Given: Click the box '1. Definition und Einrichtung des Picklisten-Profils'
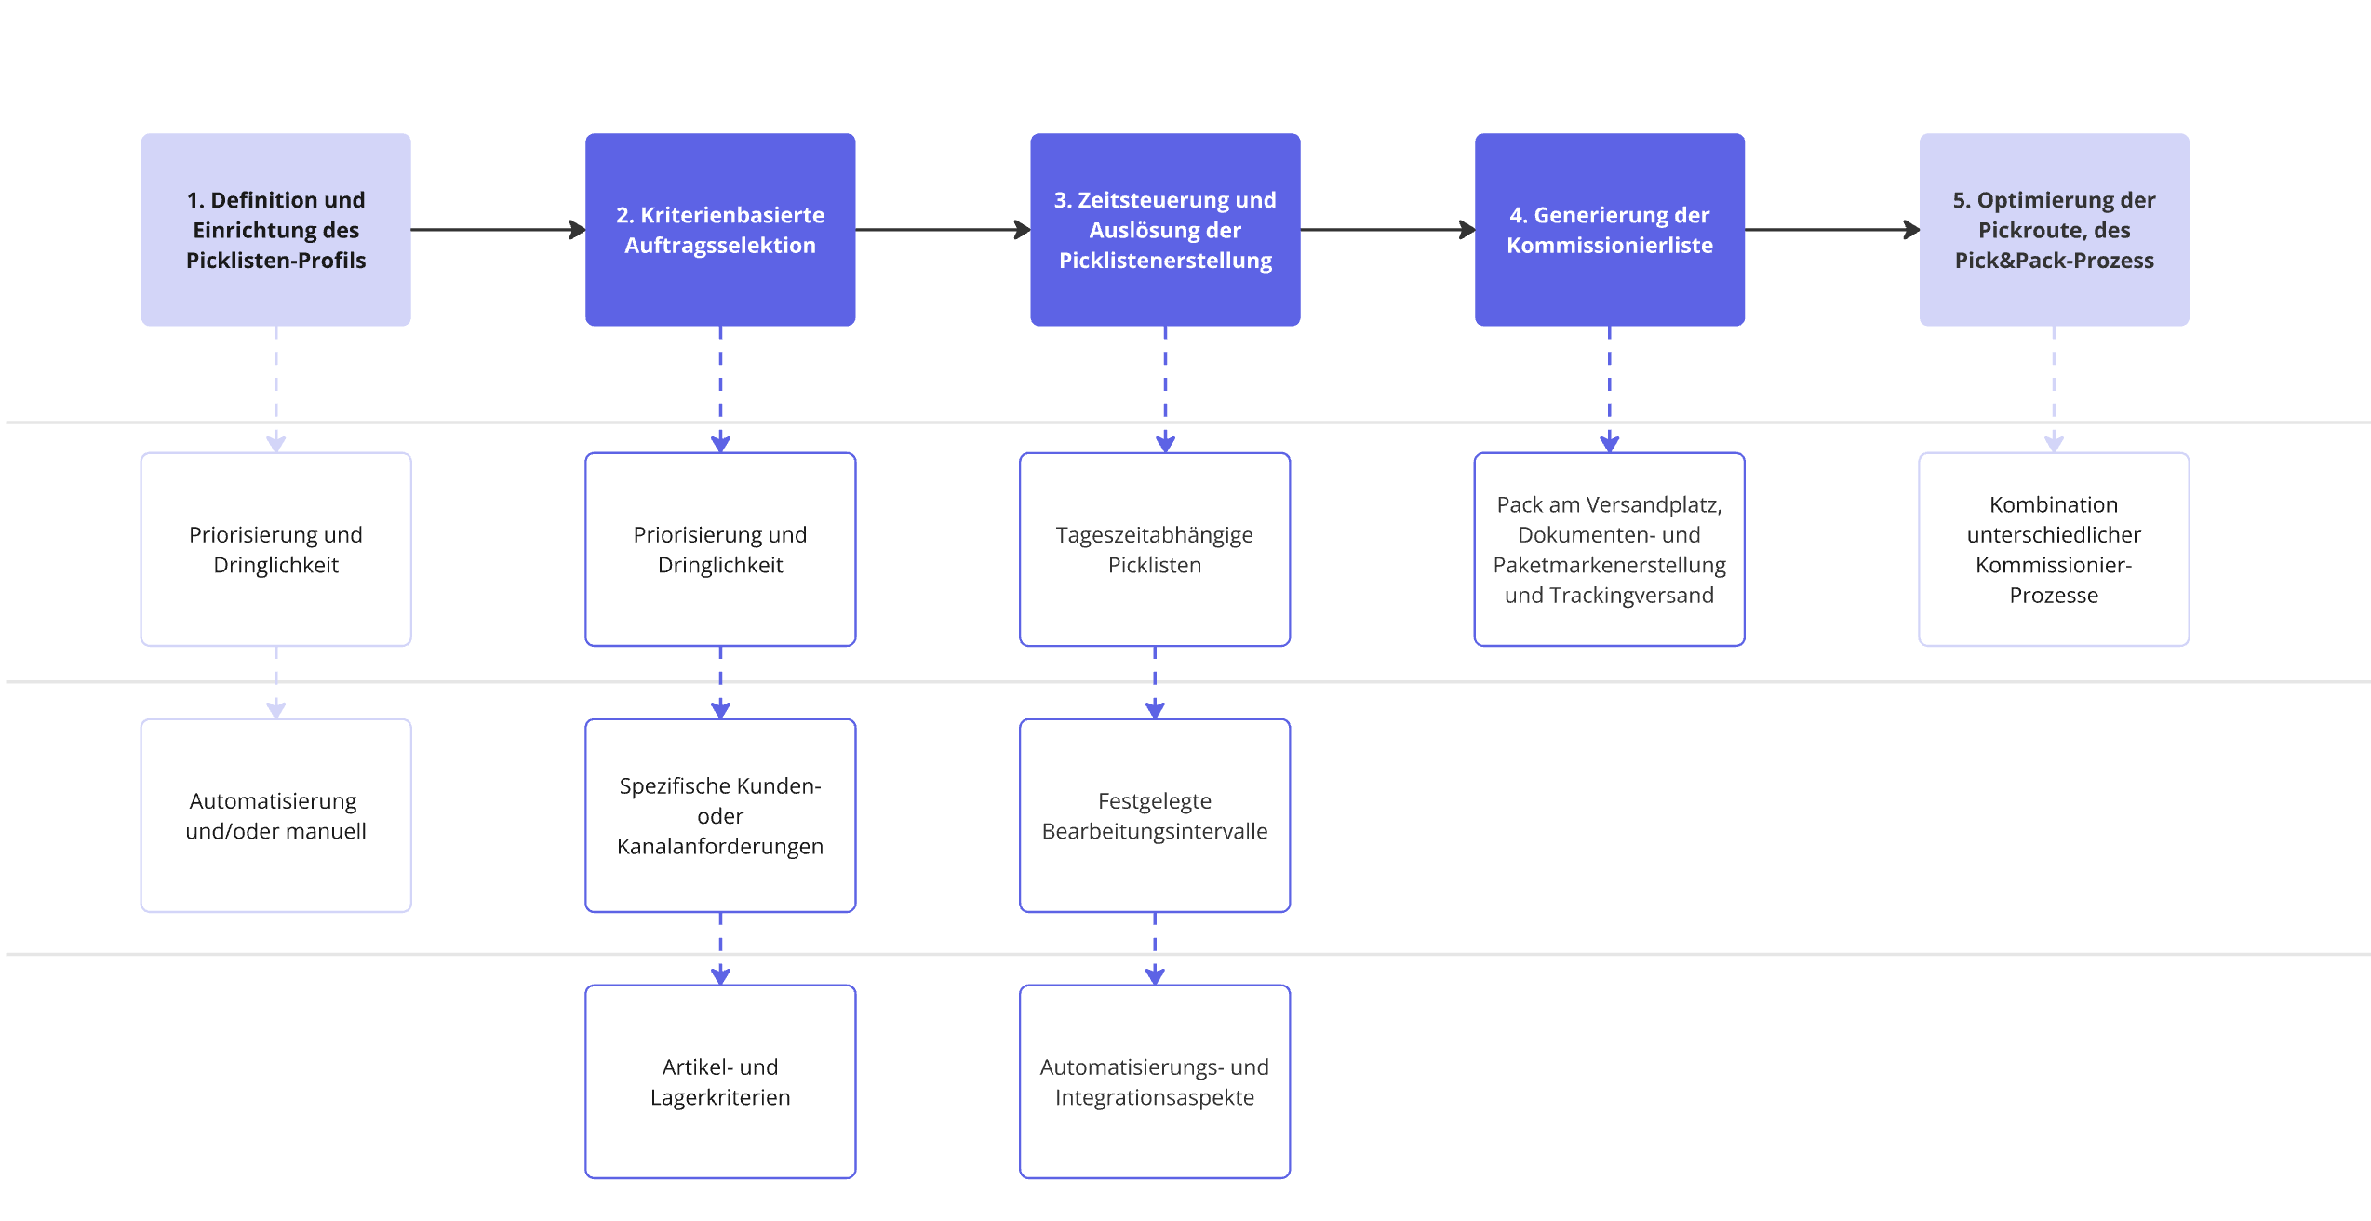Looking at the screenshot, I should click(275, 229).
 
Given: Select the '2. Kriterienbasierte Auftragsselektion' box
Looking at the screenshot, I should click(720, 229).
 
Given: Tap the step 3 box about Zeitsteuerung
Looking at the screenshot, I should click(1165, 229).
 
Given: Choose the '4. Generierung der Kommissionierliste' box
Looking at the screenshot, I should click(1609, 229).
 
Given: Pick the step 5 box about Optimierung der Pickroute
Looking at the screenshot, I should click(2054, 229).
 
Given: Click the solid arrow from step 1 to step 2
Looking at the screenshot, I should click(498, 229).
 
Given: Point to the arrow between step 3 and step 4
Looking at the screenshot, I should click(1386, 229).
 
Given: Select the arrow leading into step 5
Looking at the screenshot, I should click(1831, 229).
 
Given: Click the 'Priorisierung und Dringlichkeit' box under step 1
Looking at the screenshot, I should click(275, 549).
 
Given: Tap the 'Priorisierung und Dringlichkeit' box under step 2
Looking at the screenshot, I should click(720, 549).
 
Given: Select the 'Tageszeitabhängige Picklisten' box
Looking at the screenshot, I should click(1154, 549).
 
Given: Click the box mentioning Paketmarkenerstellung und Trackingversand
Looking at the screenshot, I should click(1609, 549).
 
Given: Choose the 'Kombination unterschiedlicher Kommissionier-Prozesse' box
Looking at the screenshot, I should click(2054, 549).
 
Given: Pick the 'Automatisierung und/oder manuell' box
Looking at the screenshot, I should click(275, 815).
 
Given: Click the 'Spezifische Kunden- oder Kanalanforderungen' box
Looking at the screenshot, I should click(720, 815).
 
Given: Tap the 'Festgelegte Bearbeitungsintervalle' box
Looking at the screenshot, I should click(1154, 815).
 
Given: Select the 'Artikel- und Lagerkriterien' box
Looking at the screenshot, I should click(720, 1081).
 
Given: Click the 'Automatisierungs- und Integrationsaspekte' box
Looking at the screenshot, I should click(1154, 1081).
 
